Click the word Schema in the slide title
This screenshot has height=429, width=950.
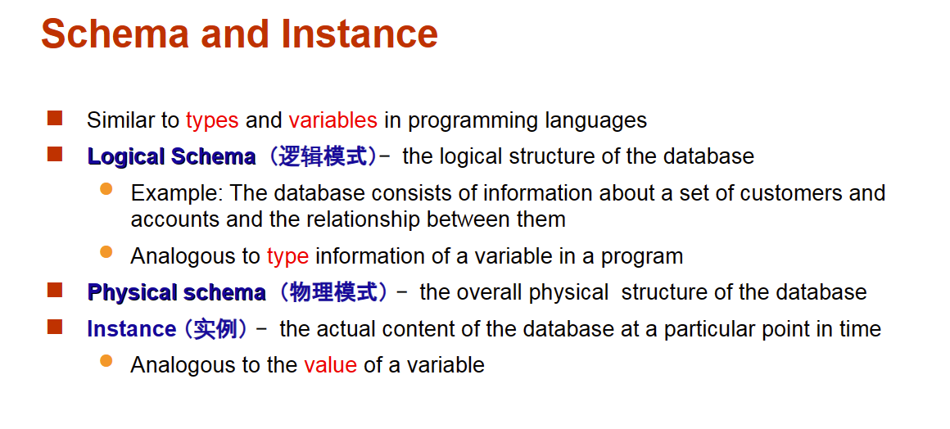115,34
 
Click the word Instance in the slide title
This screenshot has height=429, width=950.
360,34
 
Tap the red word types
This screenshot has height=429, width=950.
212,120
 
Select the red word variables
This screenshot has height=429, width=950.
332,120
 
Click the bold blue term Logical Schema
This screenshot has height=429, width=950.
171,157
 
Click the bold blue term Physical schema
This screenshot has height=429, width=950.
176,292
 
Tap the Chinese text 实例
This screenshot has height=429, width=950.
215,329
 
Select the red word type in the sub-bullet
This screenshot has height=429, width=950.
287,257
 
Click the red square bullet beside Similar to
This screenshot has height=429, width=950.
55,118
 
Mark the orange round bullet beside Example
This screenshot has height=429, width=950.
106,189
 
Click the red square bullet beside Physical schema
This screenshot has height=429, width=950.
55,291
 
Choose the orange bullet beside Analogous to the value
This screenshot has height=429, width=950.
106,361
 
